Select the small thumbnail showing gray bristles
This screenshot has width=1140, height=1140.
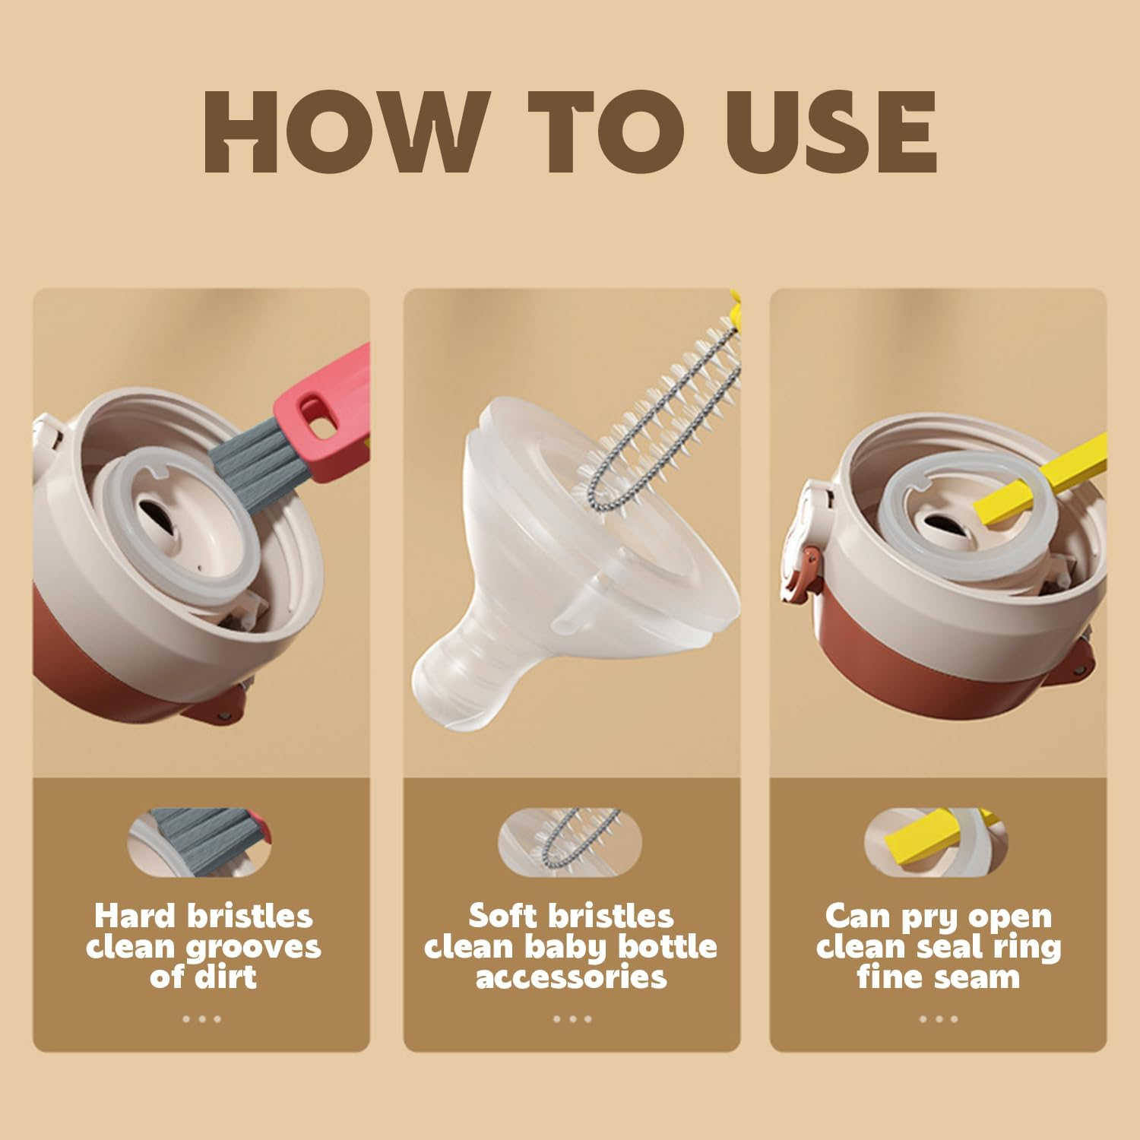(x=200, y=842)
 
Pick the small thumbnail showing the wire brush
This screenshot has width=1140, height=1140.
(x=570, y=842)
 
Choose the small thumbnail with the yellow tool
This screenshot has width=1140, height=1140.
(x=936, y=842)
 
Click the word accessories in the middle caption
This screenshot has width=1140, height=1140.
(x=571, y=977)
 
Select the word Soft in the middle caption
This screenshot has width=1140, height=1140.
(x=502, y=917)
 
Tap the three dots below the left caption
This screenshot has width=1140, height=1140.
(x=201, y=1019)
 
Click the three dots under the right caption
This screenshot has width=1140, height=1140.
(x=938, y=1019)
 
